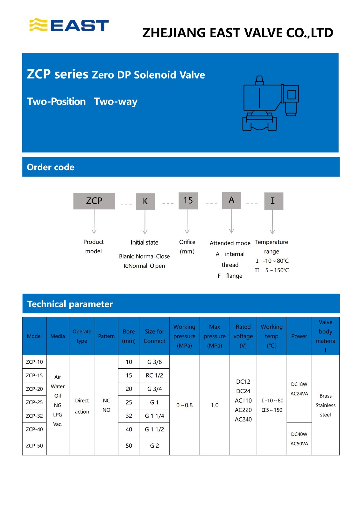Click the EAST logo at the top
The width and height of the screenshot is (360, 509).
pos(69,25)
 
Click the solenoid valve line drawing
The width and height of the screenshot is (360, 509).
pos(271,104)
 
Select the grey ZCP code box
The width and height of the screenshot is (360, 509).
pos(94,201)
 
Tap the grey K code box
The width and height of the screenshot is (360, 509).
pos(145,201)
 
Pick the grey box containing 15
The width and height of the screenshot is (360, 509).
pos(188,200)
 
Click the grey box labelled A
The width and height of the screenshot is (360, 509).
pos(231,200)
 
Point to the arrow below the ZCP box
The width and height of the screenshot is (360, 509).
pos(94,222)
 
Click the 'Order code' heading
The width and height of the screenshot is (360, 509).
pos(51,167)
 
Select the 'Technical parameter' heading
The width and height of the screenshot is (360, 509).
pos(70,304)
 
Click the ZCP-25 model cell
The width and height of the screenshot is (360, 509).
pos(34,402)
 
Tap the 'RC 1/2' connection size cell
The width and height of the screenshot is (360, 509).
pos(154,375)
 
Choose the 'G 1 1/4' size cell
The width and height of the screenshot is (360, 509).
pos(154,416)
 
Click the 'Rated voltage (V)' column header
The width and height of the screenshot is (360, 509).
pos(243,336)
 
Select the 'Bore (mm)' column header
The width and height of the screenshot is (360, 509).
pos(129,336)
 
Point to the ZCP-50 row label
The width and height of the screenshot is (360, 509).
pos(34,445)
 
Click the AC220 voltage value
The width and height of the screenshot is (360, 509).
pos(243,410)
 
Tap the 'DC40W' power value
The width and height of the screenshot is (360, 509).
pos(299,434)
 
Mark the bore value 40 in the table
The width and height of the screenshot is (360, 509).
pos(129,429)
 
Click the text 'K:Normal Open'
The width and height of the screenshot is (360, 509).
pos(144,266)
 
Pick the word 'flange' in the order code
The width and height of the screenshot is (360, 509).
pos(234,276)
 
